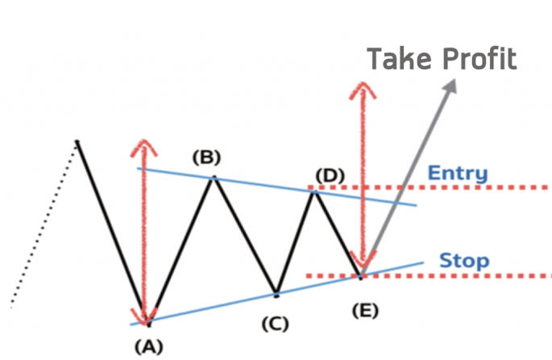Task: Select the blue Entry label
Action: point(457,172)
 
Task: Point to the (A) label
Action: point(148,347)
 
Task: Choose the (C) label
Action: point(274,324)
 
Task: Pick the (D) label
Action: point(330,174)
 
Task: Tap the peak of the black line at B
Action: point(214,176)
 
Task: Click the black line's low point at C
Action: point(276,293)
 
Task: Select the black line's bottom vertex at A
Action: point(148,324)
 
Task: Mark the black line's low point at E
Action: point(361,275)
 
